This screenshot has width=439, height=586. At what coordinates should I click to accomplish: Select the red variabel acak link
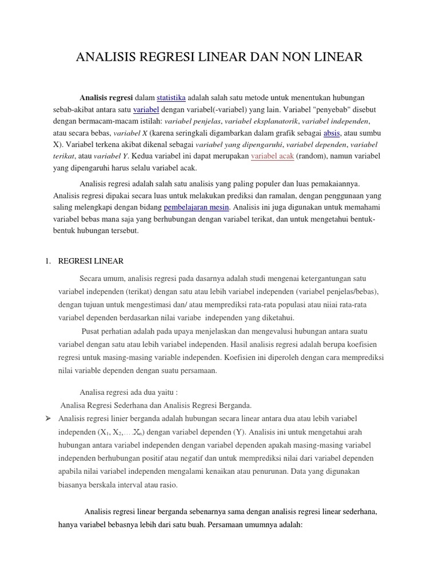(273, 156)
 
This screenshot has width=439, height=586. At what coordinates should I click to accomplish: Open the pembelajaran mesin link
(197, 207)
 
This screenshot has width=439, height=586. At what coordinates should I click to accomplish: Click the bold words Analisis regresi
(106, 98)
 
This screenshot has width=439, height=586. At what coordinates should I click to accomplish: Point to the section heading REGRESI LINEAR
(91, 261)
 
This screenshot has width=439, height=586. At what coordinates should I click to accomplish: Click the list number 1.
(48, 261)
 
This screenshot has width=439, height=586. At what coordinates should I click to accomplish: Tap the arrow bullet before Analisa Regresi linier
(48, 418)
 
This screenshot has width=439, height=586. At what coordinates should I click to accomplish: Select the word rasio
(167, 485)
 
